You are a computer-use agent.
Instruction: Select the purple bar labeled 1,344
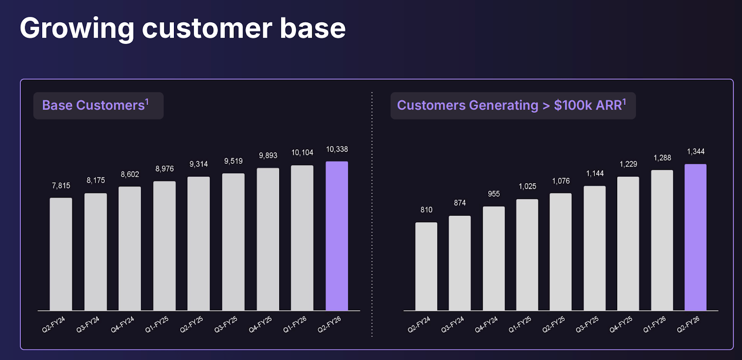pos(695,237)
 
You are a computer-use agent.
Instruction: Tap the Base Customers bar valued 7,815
pos(61,254)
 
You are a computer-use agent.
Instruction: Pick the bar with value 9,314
pos(198,244)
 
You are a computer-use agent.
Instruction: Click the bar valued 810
pos(426,266)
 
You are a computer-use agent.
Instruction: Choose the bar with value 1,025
pos(527,255)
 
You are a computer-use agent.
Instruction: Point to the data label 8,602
pos(130,174)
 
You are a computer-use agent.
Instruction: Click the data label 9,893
pos(268,155)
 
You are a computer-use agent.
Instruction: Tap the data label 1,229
pos(628,164)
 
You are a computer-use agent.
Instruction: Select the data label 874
pos(460,203)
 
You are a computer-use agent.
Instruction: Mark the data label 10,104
pos(302,153)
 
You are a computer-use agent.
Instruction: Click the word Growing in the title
pos(77,28)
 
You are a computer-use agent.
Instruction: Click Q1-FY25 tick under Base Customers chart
pos(157,324)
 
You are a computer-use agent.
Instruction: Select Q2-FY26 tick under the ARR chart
pos(688,324)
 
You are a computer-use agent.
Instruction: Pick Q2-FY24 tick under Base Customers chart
pos(54,324)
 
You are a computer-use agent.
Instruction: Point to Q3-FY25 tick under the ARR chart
pos(587,324)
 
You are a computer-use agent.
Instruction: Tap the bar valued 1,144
pos(595,248)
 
